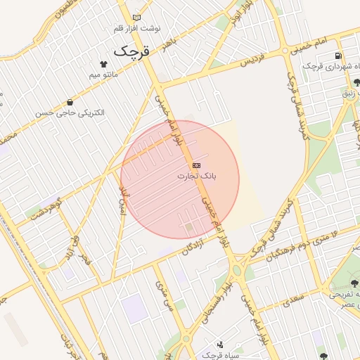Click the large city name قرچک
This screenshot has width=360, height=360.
[x=131, y=51]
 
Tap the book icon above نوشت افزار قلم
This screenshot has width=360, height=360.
[x=136, y=17]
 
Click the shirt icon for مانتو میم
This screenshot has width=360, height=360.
[x=105, y=63]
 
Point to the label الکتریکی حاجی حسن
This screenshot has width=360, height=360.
[x=70, y=112]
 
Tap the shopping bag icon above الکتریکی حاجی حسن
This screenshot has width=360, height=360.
[x=70, y=102]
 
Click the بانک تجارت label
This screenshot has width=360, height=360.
[x=196, y=175]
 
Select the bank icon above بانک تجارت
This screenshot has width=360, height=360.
[x=195, y=165]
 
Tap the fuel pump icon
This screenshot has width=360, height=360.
[x=340, y=56]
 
